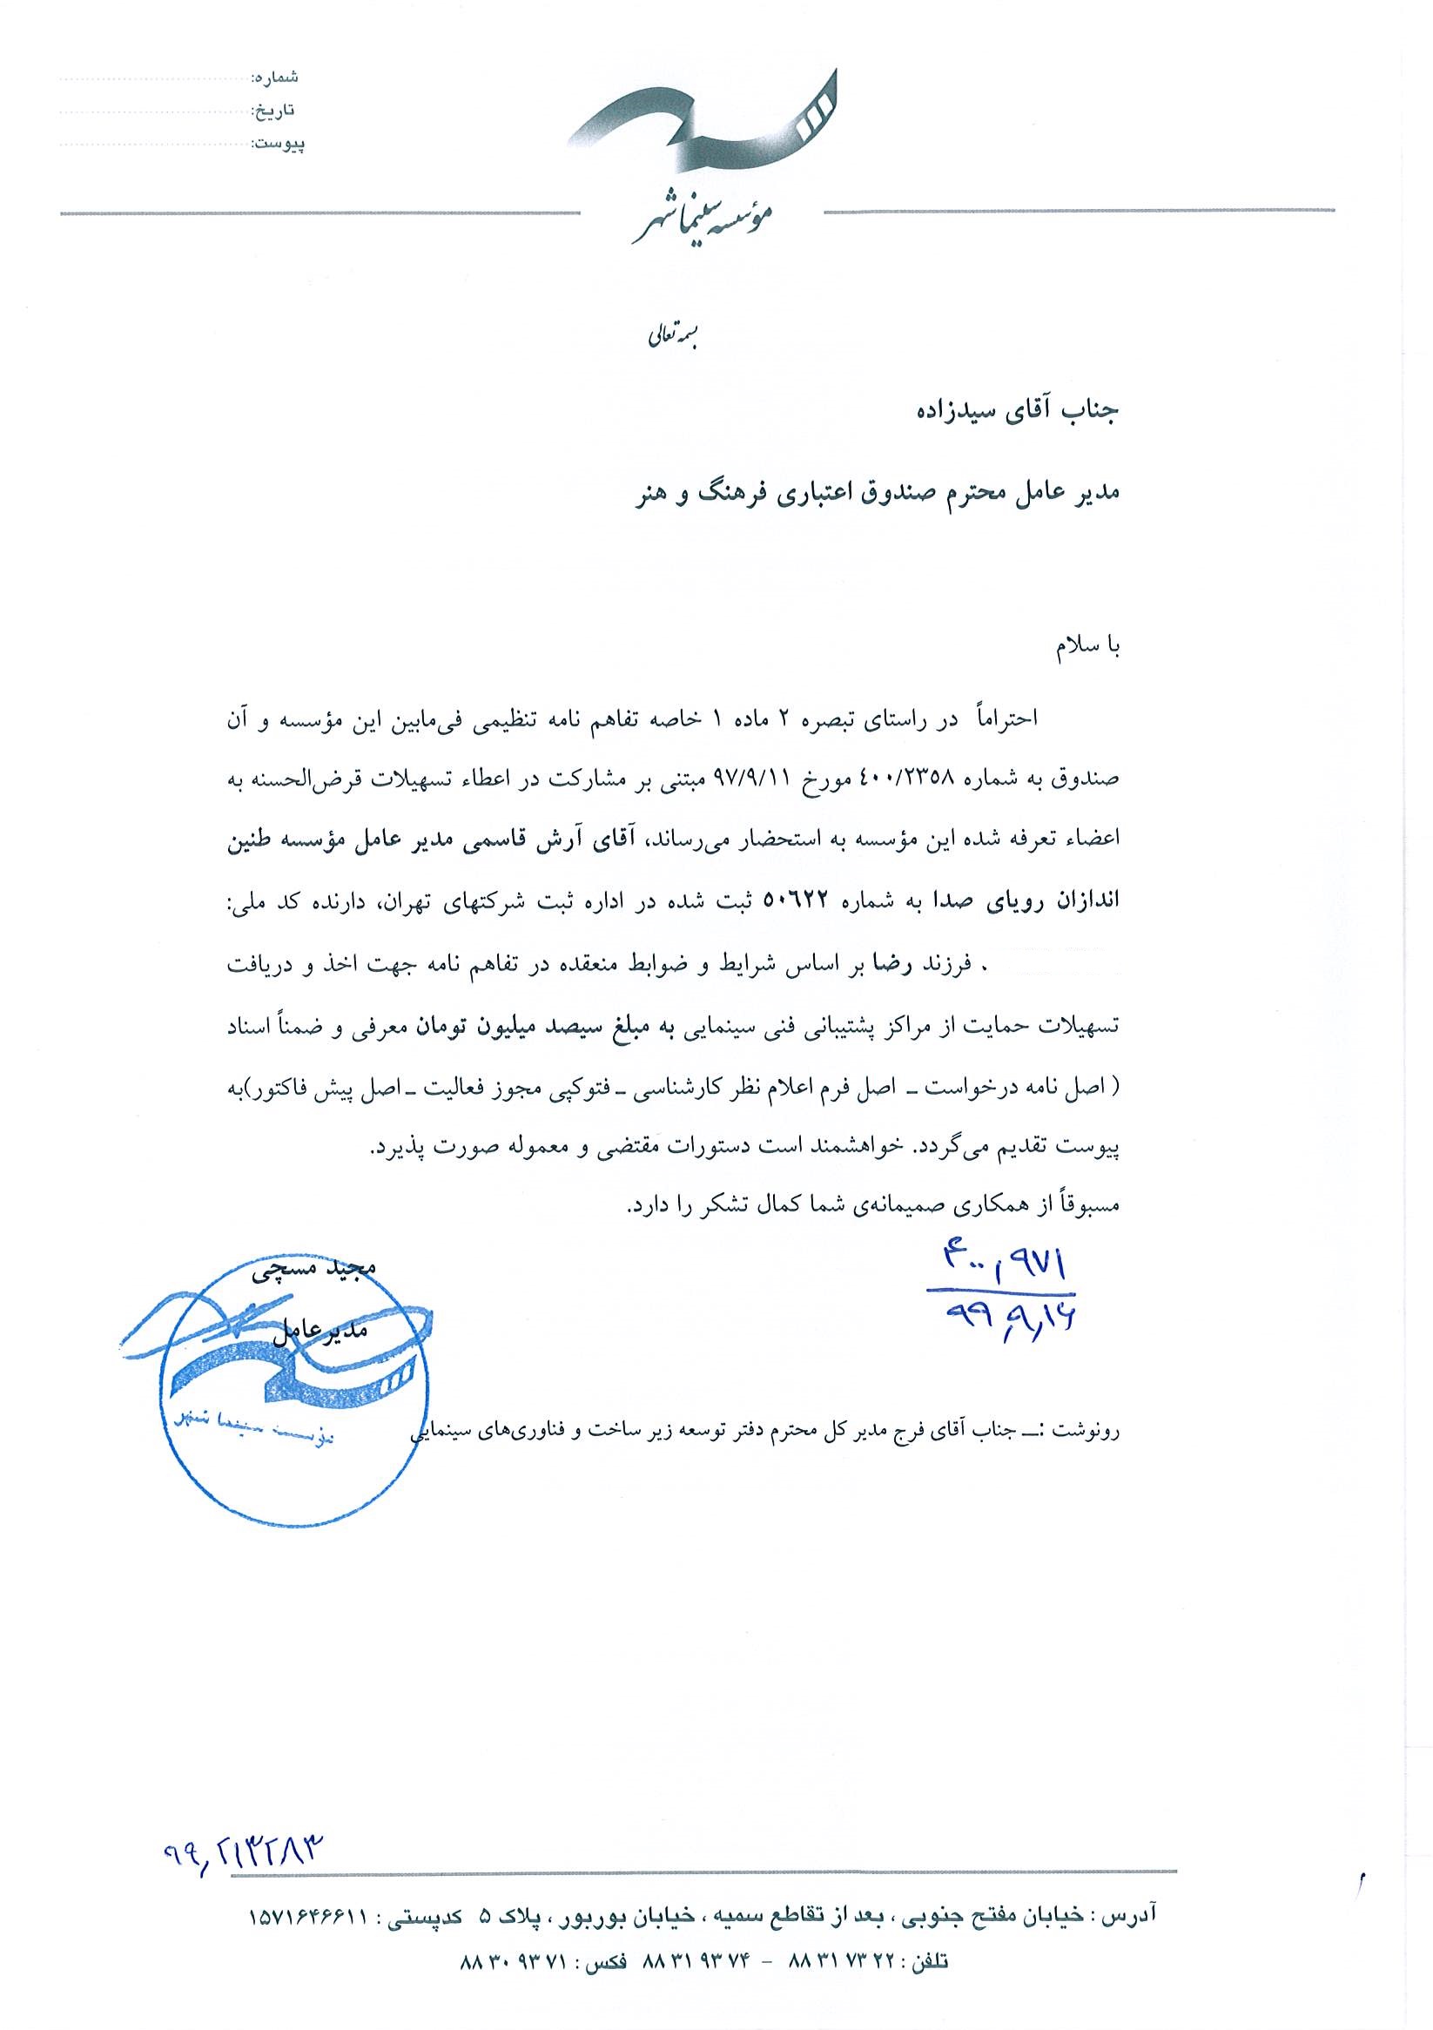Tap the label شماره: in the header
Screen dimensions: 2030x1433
[275, 77]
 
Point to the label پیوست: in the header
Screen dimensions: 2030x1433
[278, 143]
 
